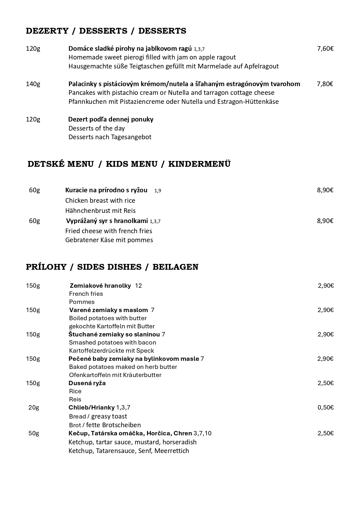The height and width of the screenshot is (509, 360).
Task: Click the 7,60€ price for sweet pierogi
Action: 325,48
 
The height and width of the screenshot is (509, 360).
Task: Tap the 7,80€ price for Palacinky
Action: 325,84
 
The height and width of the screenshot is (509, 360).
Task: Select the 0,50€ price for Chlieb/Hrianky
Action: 325,407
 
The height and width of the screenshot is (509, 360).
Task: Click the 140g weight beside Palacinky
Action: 33,84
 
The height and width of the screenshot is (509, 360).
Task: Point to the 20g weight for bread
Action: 34,407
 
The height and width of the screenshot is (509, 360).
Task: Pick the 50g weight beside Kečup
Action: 34,433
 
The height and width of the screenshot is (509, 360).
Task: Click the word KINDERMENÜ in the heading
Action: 199,164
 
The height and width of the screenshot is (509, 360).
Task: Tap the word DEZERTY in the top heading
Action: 47,31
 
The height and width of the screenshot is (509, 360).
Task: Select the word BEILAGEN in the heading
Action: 175,267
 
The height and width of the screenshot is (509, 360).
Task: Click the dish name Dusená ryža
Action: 87,383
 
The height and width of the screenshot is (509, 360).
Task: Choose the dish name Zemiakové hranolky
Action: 100,285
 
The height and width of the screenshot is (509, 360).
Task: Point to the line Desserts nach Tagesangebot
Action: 110,137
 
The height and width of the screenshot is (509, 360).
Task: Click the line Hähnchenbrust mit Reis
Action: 100,211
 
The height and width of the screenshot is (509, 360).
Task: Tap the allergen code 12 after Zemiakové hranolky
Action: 138,286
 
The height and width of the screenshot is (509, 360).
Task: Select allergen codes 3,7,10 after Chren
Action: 202,433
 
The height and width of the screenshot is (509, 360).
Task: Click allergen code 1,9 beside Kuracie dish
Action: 158,191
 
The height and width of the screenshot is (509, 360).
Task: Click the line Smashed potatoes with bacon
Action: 113,342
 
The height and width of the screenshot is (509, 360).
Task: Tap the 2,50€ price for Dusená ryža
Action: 325,383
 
